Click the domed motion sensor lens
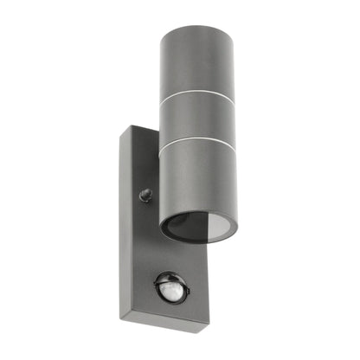click(x=171, y=287)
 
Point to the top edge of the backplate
click(x=143, y=130)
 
